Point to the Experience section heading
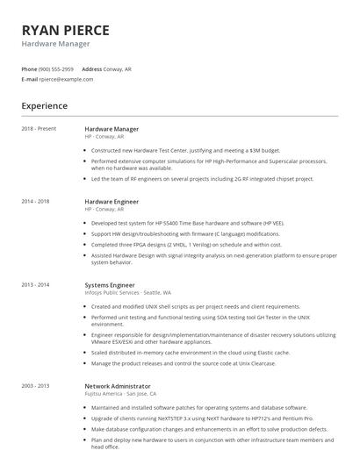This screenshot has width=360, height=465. (44, 106)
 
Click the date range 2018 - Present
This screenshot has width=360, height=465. (38, 129)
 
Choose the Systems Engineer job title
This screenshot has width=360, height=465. (109, 284)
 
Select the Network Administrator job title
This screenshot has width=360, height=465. (118, 385)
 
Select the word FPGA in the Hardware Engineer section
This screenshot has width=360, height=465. (137, 245)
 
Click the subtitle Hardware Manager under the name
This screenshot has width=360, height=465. (55, 43)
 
